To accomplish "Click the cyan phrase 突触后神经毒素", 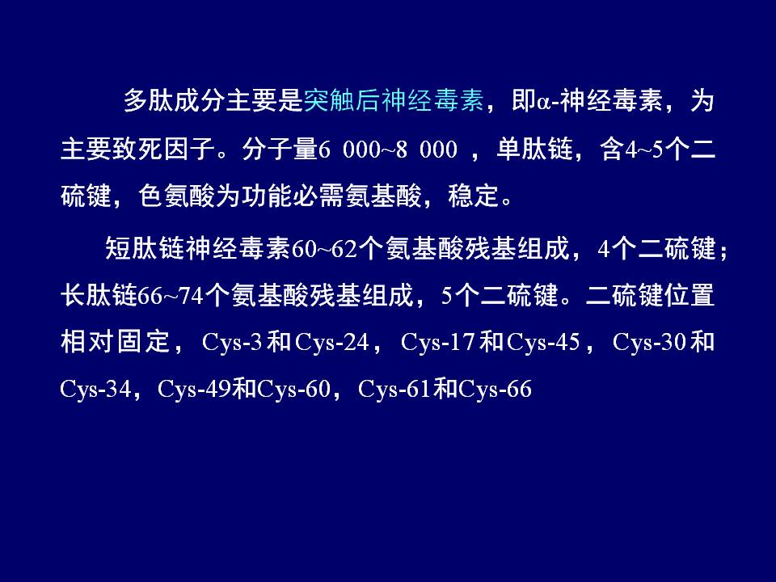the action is (x=394, y=100).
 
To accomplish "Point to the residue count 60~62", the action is (x=324, y=248).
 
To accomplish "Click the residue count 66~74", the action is (x=171, y=296).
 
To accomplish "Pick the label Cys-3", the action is (x=232, y=343).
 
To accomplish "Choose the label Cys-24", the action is (x=331, y=343).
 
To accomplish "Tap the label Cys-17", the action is (x=437, y=343).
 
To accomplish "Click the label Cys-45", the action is (x=543, y=343).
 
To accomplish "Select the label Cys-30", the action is (x=649, y=343).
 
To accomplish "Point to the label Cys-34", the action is (x=95, y=390).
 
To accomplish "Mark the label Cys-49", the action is (x=194, y=390).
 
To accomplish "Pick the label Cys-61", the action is (x=394, y=390).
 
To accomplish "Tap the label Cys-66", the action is (x=495, y=390).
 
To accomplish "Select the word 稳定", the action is (x=473, y=196).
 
